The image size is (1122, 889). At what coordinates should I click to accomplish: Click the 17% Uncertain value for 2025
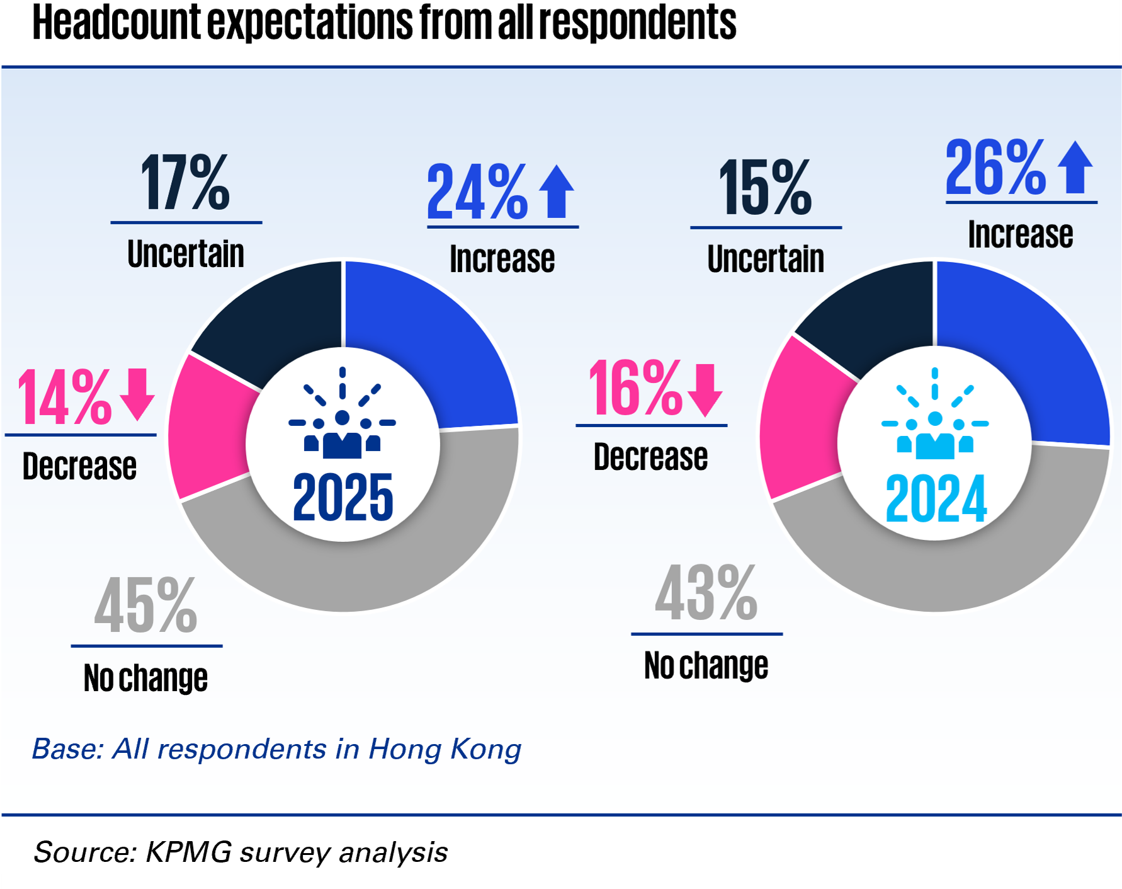point(185,183)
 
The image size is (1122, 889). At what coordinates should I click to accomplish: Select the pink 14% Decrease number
point(65,398)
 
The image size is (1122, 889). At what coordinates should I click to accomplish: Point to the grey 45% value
point(145,606)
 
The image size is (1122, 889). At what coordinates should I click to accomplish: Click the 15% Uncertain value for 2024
point(766,188)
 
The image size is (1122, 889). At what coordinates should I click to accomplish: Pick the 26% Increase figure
point(995,168)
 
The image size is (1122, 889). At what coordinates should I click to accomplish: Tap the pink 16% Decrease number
point(635,389)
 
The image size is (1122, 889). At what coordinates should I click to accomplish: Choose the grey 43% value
point(706,594)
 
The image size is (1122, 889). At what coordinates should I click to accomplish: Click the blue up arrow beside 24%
point(557,192)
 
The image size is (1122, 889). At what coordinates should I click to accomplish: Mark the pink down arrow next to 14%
point(137,394)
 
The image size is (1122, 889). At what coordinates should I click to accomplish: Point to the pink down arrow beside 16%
point(705,389)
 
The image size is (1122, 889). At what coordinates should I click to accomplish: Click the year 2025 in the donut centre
point(343,498)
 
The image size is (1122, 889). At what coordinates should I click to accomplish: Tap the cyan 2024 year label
point(936,500)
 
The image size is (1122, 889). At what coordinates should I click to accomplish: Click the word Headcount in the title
point(116,23)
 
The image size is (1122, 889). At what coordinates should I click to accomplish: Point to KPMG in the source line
point(188,852)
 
